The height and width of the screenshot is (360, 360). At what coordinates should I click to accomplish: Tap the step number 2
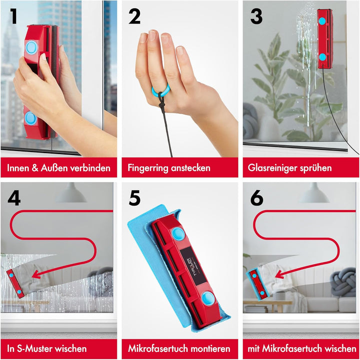coord(135,16)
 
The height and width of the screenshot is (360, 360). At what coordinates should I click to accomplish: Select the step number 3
coord(256,16)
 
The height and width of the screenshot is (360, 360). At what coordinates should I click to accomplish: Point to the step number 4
coord(14,198)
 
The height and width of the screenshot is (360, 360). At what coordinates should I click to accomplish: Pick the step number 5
coord(135,198)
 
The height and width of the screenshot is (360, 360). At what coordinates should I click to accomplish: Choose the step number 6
coord(256,198)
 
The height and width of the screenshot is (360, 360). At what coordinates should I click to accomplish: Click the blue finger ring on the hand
coord(161,90)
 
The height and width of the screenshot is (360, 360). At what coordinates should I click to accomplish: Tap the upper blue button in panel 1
coord(31,47)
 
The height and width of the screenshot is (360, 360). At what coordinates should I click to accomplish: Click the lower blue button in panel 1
coord(30,118)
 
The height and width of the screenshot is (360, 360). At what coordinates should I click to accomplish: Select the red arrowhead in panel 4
coord(35,273)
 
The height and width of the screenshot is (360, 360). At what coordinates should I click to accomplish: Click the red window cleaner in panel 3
coord(324,38)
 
